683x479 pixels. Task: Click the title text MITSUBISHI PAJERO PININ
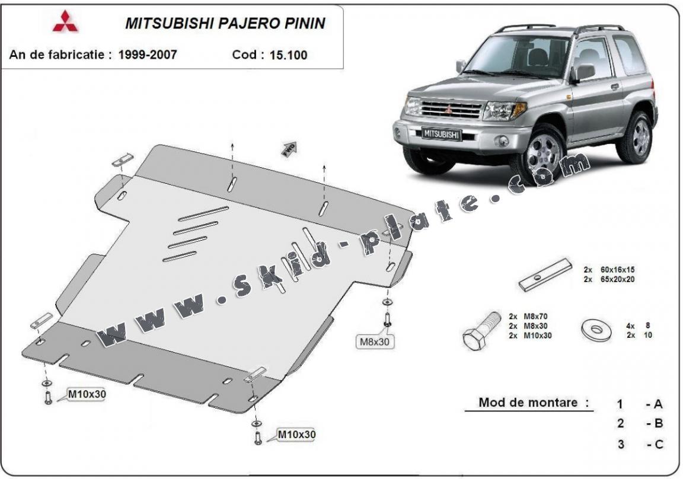(225, 23)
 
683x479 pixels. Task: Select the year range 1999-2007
(148, 55)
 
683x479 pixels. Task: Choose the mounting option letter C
(658, 443)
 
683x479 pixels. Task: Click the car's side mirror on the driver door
(582, 72)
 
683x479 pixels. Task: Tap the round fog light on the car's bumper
(502, 140)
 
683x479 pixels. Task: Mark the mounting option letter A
(658, 404)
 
